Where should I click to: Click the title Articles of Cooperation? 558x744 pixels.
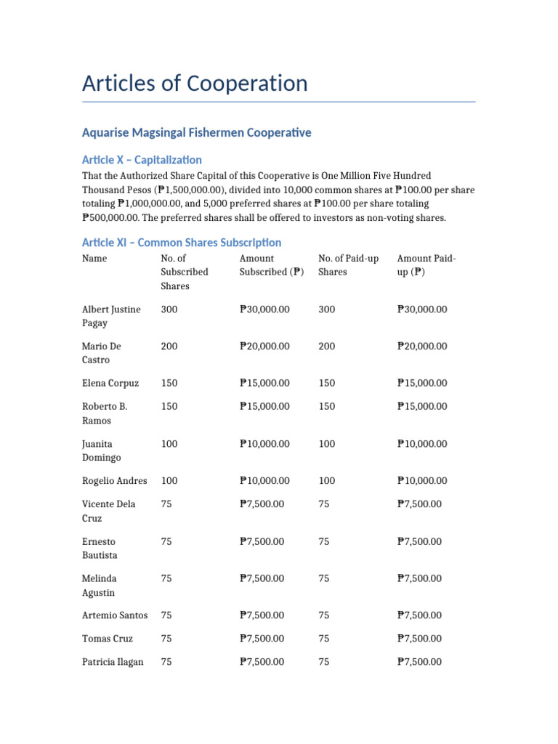point(195,84)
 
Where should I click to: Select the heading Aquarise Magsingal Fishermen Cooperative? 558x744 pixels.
point(196,132)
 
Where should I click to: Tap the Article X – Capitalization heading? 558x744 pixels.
point(142,160)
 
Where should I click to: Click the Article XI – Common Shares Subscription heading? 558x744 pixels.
point(181,242)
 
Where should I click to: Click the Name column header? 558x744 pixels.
point(94,259)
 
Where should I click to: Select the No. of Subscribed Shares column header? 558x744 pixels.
point(185,272)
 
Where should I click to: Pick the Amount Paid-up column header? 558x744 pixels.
point(426,265)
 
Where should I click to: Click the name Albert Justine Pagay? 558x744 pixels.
point(111,316)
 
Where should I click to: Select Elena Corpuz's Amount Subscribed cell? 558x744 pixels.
point(264,383)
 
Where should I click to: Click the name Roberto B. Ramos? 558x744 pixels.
point(105,413)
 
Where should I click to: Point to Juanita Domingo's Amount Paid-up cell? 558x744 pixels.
point(422,444)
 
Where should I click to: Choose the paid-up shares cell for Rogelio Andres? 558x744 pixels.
point(327,481)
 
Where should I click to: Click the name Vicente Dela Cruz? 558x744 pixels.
point(108,511)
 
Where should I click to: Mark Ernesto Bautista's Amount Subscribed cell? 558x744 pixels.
point(262,541)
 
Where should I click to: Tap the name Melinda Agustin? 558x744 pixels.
point(99,586)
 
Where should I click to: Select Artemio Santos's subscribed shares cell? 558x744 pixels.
point(166,615)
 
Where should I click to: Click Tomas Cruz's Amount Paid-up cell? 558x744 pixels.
point(419,639)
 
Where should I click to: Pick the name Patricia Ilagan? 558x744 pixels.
point(113,662)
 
